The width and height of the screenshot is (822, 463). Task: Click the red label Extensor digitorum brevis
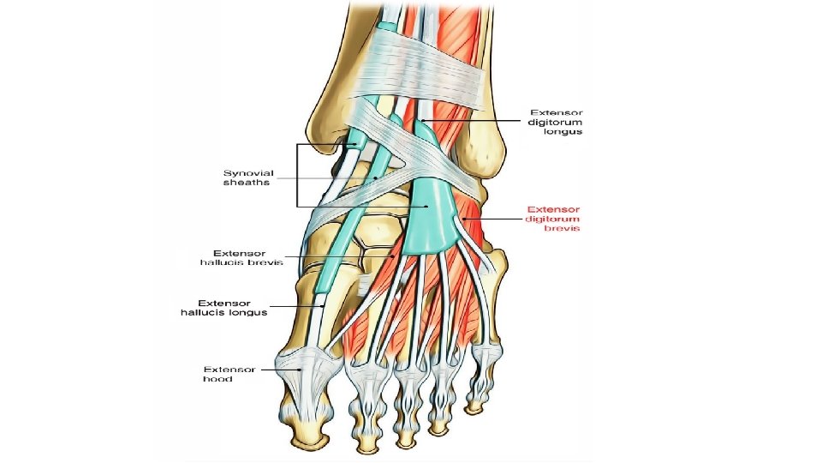(x=553, y=219)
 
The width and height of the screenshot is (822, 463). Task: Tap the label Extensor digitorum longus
(x=556, y=122)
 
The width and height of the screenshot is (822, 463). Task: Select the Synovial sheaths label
(x=248, y=177)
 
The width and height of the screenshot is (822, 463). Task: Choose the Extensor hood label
(x=229, y=374)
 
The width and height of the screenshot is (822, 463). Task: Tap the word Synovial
(x=249, y=172)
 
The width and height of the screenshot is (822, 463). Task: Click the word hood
(x=214, y=379)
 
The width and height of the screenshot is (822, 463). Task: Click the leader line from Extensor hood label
(x=276, y=370)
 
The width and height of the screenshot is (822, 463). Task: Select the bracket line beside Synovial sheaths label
(x=297, y=176)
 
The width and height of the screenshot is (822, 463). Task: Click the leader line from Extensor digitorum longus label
(x=471, y=120)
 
